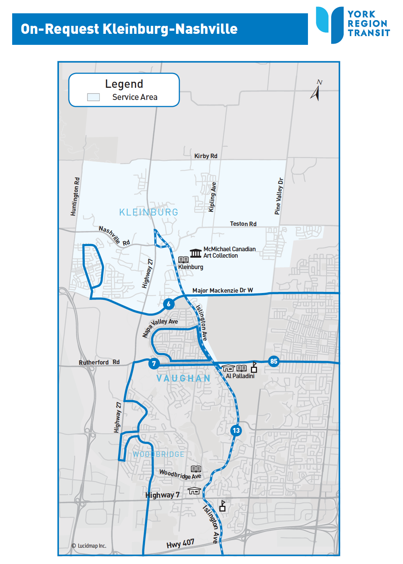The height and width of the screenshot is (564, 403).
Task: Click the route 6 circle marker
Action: (169, 304)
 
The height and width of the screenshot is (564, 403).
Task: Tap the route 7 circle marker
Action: (154, 364)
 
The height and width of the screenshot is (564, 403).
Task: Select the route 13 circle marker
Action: (236, 431)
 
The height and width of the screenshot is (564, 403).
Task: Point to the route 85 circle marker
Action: (274, 361)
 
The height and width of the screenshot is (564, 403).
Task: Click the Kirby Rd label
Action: (206, 156)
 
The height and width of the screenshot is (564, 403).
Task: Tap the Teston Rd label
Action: (243, 224)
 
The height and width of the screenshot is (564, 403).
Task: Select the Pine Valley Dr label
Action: (279, 196)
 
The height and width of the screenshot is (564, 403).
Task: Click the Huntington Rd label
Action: (75, 196)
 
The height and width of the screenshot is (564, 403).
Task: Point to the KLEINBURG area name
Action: (149, 212)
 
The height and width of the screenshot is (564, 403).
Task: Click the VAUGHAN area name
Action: (183, 379)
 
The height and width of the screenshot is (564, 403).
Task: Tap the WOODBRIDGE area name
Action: (159, 455)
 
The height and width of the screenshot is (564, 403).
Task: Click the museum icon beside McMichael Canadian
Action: (195, 253)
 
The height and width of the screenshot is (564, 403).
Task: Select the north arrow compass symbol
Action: (316, 91)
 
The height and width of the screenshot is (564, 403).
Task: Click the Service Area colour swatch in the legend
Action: (94, 97)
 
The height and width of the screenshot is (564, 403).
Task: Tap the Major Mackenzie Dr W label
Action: (222, 291)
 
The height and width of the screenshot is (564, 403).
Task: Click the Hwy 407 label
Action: (180, 544)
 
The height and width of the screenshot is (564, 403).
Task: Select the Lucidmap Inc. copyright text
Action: (89, 546)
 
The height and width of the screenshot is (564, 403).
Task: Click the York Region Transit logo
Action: (353, 24)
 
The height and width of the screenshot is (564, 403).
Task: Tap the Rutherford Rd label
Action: (99, 363)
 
